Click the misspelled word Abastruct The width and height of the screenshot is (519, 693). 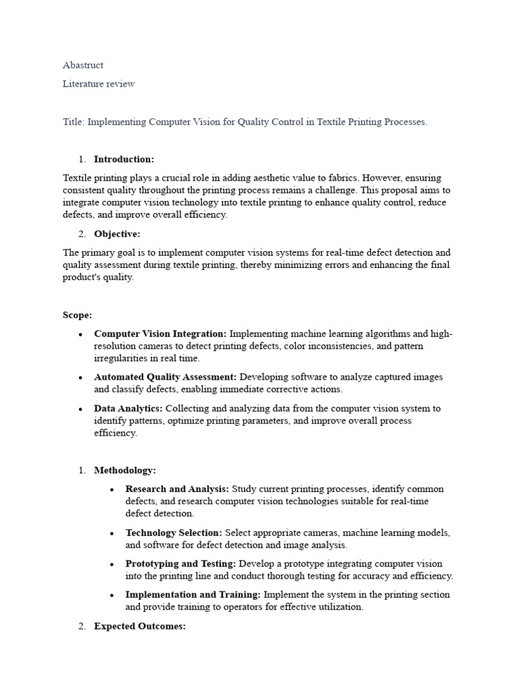tap(83, 65)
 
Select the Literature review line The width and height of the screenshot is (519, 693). tap(99, 84)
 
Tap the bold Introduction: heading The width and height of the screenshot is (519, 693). tap(124, 159)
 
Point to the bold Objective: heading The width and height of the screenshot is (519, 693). tap(117, 234)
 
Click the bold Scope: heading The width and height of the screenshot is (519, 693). tap(78, 315)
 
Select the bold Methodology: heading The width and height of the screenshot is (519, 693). tap(125, 470)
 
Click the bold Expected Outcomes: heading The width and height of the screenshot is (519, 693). tap(140, 627)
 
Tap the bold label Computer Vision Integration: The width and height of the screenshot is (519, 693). tap(160, 334)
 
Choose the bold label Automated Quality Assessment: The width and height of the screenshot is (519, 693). tap(165, 377)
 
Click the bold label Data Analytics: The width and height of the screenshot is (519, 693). tap(128, 408)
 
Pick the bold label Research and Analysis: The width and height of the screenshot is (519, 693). tap(177, 489)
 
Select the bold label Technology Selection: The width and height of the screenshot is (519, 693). tap(174, 533)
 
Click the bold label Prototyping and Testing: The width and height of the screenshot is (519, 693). tap(180, 564)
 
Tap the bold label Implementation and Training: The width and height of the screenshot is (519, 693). tap(193, 595)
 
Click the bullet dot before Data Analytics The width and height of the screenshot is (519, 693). tap(81, 409)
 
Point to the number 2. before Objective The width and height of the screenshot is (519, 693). tap(82, 234)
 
